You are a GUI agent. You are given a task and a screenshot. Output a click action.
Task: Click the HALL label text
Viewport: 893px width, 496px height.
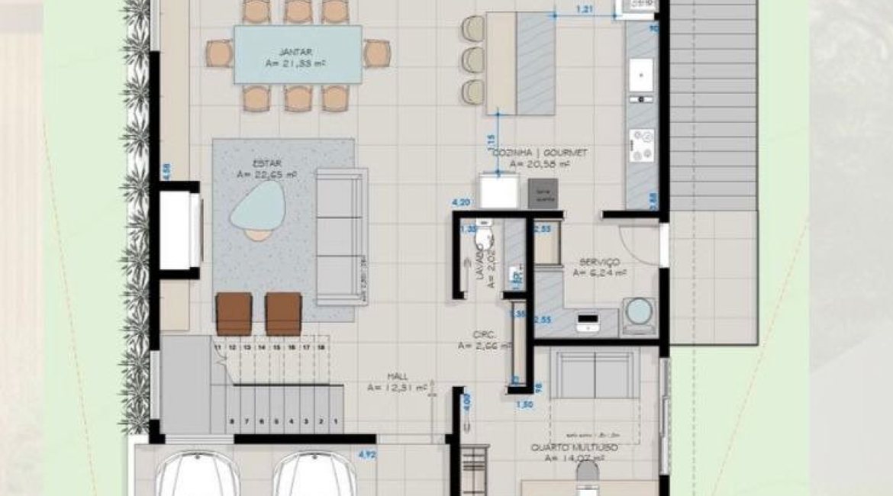coord(396,377)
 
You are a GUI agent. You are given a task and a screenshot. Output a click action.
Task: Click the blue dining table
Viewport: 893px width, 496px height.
coord(297,54)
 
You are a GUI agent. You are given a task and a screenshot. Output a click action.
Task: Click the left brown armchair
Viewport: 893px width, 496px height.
coord(234,314)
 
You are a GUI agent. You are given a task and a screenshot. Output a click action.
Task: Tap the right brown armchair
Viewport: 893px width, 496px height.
coord(283,314)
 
